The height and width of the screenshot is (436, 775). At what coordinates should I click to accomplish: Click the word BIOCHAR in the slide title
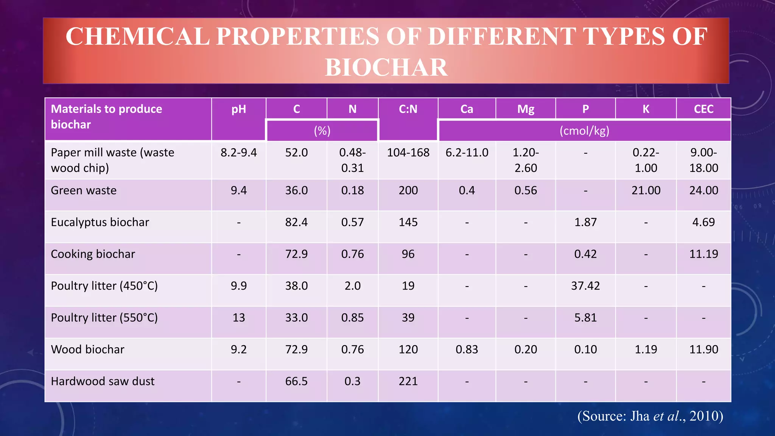click(386, 67)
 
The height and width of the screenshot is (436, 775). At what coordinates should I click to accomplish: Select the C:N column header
click(408, 109)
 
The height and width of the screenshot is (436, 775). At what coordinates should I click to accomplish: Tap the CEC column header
click(703, 109)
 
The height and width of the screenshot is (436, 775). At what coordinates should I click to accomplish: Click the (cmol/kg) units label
click(584, 131)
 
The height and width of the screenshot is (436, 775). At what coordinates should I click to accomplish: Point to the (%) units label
click(322, 131)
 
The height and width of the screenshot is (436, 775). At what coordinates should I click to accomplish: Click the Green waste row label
click(84, 190)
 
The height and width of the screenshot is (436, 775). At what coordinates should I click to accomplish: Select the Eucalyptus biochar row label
click(100, 222)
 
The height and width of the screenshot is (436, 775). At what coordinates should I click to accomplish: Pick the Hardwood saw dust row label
click(103, 381)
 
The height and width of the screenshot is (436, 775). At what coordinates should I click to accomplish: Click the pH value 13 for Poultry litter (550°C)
click(239, 318)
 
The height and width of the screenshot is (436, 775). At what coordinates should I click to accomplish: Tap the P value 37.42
click(585, 286)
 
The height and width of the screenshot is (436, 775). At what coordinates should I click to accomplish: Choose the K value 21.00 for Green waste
click(646, 190)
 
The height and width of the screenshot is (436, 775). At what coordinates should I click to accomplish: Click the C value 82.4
click(296, 222)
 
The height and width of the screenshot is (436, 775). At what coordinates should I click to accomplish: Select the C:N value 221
click(408, 381)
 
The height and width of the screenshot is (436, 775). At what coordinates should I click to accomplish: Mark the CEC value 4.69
click(703, 222)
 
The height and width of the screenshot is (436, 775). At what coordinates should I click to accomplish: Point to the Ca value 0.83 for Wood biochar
click(467, 349)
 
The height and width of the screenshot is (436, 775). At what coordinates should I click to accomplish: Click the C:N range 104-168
click(408, 153)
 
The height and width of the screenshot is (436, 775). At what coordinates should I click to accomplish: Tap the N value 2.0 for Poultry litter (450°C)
click(352, 286)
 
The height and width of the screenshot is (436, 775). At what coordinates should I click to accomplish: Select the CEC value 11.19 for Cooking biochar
click(703, 254)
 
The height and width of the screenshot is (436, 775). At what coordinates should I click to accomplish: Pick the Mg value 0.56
click(526, 190)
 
